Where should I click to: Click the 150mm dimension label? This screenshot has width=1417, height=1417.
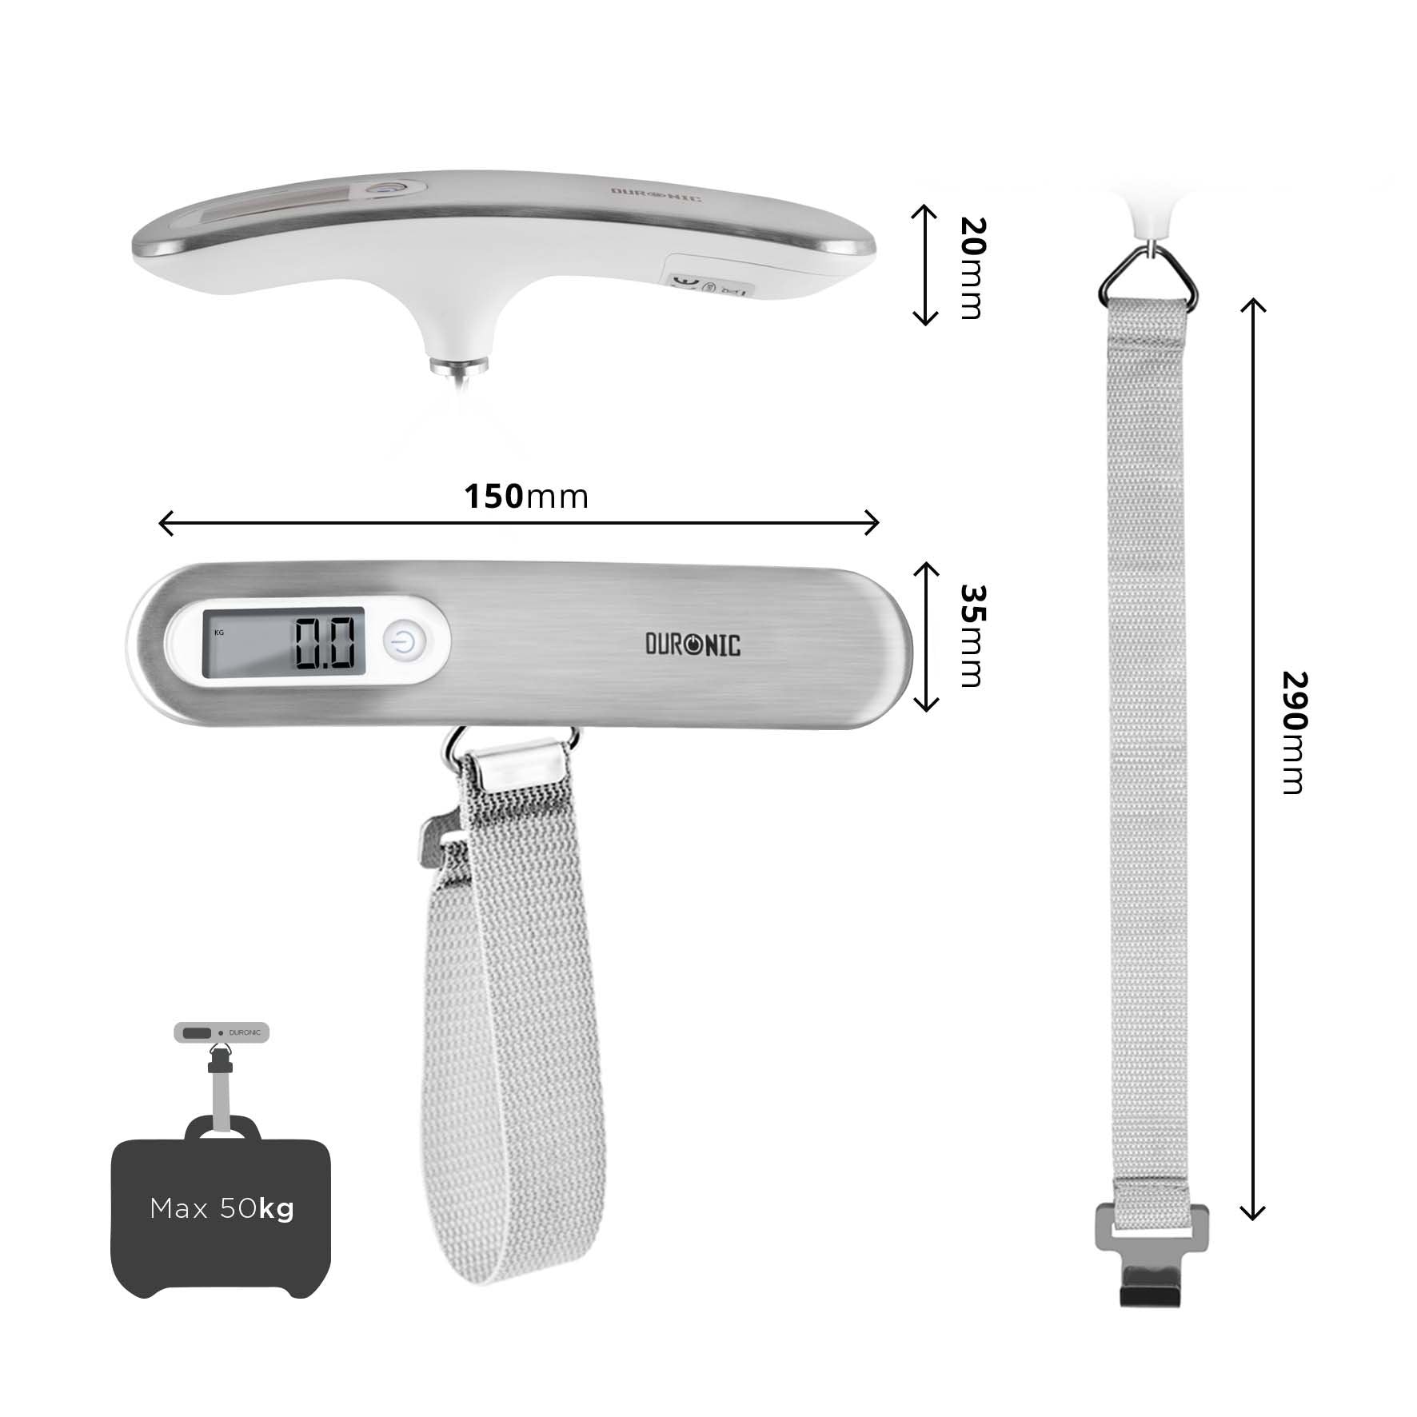coord(526,497)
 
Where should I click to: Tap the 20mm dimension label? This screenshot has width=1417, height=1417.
coord(972,268)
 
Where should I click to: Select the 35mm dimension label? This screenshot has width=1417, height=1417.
coord(972,636)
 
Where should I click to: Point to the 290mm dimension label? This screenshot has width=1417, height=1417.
coord(1293,732)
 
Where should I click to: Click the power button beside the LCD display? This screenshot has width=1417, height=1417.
coord(406,642)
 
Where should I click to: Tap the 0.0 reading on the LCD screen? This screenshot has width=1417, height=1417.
coord(325,643)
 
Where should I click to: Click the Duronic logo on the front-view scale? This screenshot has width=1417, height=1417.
coord(693,645)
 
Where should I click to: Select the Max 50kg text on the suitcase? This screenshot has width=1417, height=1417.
coord(222,1208)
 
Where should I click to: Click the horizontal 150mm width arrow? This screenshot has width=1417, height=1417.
coord(519,524)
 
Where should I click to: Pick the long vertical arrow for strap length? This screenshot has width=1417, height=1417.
coord(1252,760)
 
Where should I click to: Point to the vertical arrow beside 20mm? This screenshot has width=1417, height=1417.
coord(925,265)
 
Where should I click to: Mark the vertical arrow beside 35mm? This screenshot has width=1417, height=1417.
coord(926,637)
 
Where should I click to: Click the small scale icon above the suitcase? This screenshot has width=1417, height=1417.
coord(222,1032)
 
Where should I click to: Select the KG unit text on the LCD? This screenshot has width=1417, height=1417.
coord(219,633)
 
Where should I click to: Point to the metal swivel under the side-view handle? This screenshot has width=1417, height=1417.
coord(459,366)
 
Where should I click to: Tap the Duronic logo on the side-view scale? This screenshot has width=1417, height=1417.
coord(656,194)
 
